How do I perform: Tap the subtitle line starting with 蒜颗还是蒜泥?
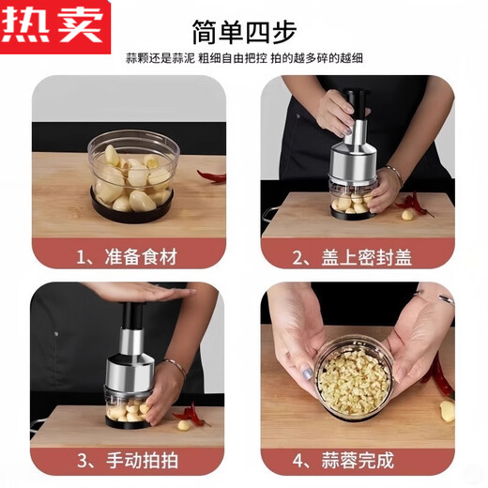tap(244, 58)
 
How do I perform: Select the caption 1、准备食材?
tap(129, 256)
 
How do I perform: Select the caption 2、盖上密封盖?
tap(358, 256)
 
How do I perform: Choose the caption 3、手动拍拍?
tap(129, 461)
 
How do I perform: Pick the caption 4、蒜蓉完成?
tap(358, 461)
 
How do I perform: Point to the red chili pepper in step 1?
tap(211, 175)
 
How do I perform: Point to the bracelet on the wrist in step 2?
tap(392, 175)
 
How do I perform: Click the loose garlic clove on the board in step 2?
tap(407, 215)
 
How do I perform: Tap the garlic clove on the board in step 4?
tap(447, 410)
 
